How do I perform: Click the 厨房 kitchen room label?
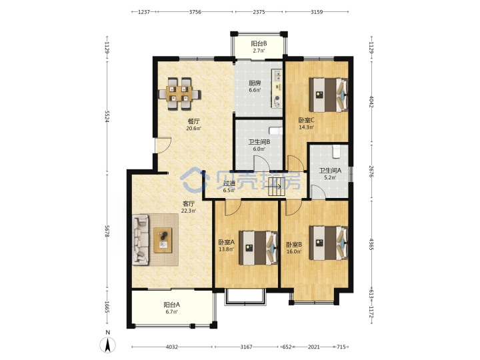255,83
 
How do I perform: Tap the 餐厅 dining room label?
193,121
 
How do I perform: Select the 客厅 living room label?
189,203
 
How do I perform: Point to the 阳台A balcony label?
171,305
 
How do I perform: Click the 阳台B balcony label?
259,44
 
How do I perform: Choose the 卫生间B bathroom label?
259,142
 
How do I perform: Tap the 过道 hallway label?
229,183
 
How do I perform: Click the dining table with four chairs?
180,94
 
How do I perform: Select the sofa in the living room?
141,239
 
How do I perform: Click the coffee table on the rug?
163,240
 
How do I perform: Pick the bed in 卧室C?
328,95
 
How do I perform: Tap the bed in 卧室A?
258,247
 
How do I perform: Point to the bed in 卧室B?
329,243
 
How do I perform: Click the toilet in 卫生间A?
336,151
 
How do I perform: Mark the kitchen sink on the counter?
277,75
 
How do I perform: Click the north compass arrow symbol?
108,345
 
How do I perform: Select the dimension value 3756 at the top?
195,12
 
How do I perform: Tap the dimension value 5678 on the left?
107,231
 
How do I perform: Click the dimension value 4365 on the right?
371,244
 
